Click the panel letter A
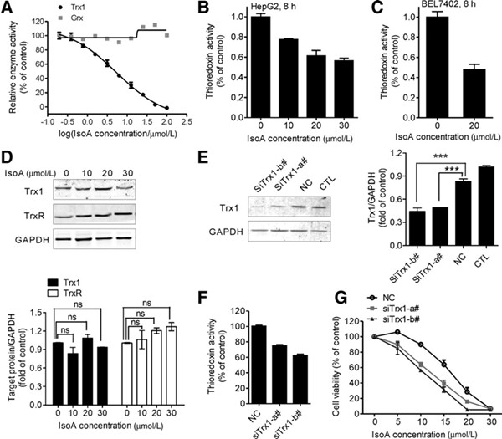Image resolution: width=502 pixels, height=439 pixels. click(x=7, y=8)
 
